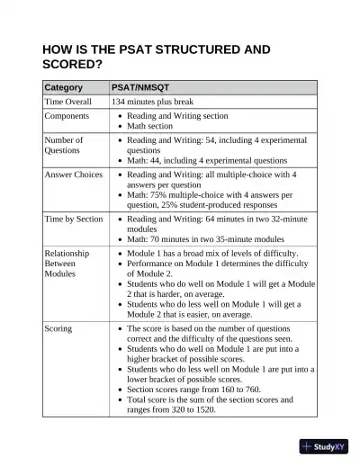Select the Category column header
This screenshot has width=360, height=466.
pyautogui.click(x=64, y=87)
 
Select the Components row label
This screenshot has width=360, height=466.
pyautogui.click(x=67, y=117)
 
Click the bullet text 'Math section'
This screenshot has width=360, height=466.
pyautogui.click(x=149, y=127)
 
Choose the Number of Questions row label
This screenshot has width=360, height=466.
pyautogui.click(x=65, y=146)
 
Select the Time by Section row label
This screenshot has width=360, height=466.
pyautogui.click(x=74, y=219)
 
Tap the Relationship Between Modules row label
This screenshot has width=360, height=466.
pyautogui.click(x=67, y=264)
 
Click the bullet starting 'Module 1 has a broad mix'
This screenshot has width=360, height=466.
pyautogui.click(x=212, y=254)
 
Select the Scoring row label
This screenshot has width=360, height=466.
pyautogui.click(x=59, y=330)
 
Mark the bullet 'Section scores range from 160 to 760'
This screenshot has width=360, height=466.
pyautogui.click(x=202, y=390)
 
